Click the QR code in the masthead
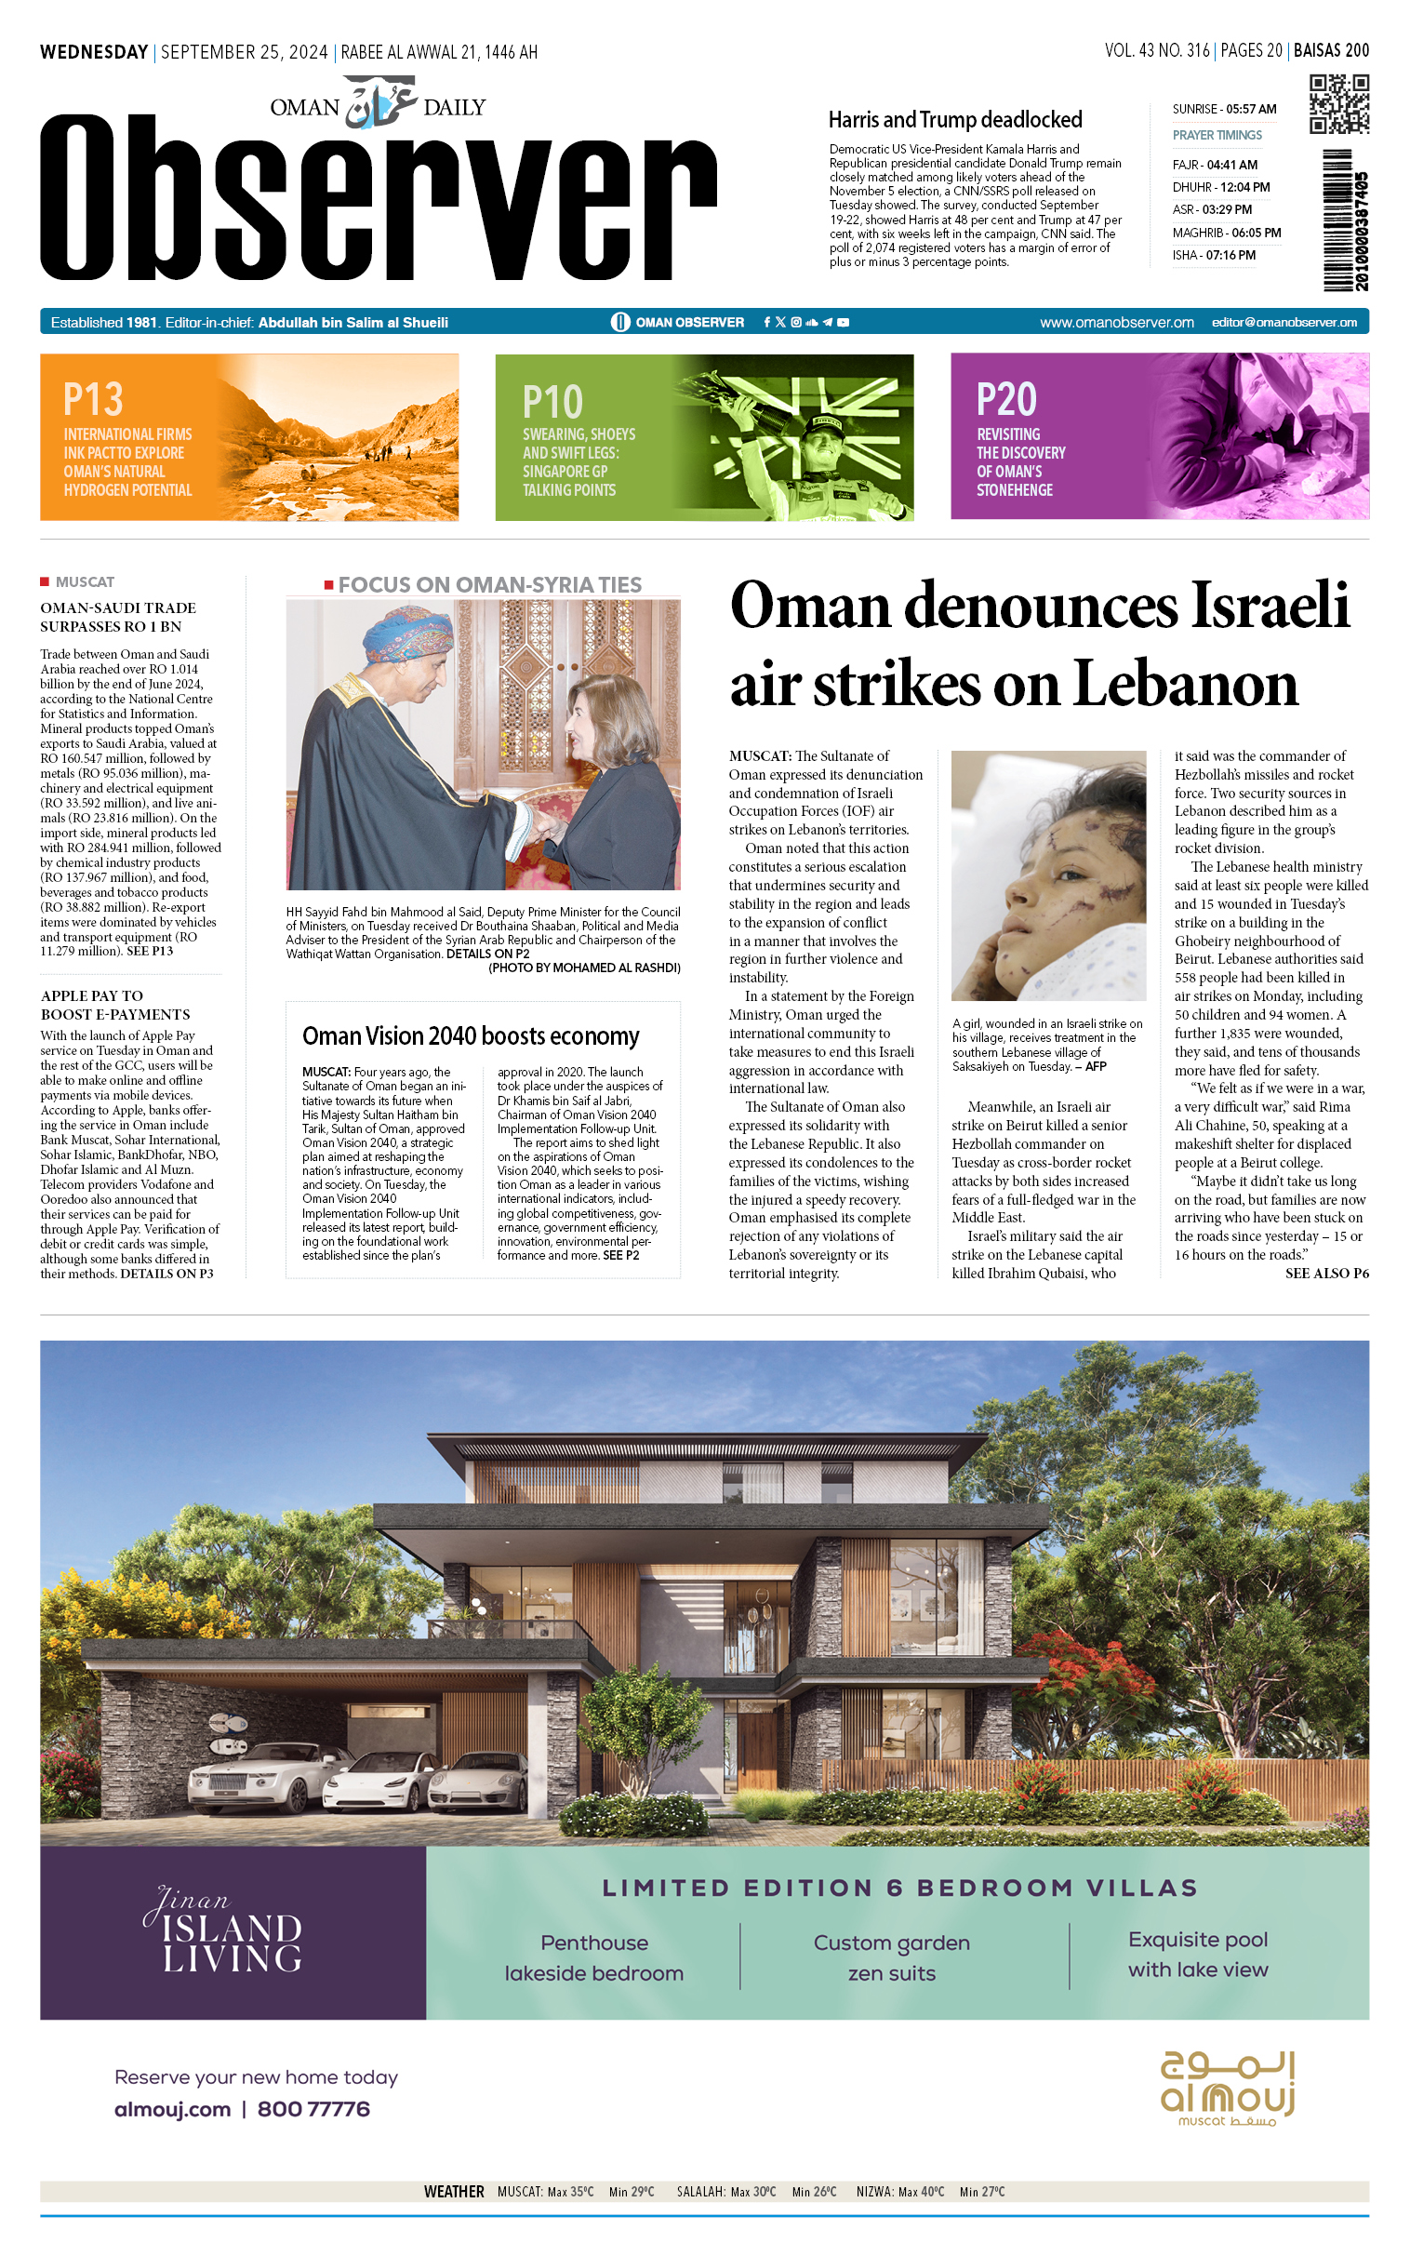click(1338, 104)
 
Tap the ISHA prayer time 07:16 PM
click(1213, 255)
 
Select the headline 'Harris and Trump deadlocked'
click(955, 119)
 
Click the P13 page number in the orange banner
click(93, 399)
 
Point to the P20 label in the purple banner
click(1006, 399)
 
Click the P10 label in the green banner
click(552, 402)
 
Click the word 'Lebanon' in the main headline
click(1185, 684)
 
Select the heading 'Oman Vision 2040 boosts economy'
click(470, 1036)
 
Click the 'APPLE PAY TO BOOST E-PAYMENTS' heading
click(114, 1006)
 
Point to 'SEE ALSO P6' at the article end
click(1326, 1273)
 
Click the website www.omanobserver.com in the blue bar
click(1116, 322)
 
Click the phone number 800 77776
click(313, 2109)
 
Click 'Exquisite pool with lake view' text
click(1197, 1955)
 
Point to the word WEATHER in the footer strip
click(453, 2191)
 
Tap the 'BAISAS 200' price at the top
click(1331, 50)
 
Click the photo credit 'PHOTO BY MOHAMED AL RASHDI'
click(585, 968)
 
